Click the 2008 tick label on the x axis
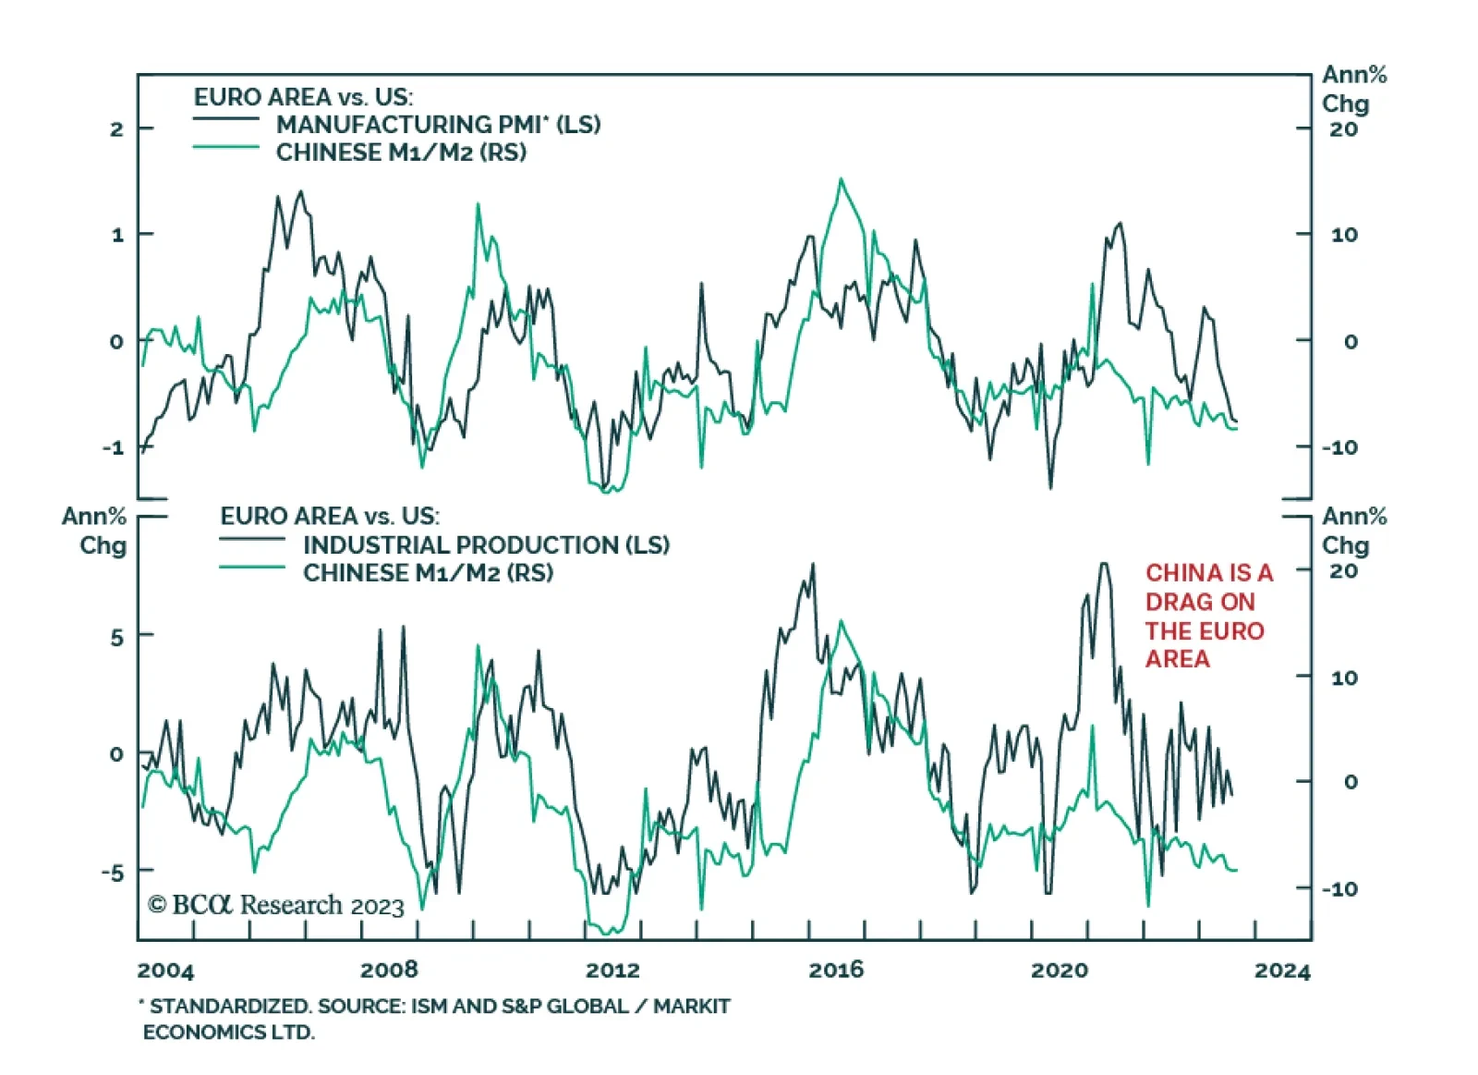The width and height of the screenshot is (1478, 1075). pyautogui.click(x=389, y=970)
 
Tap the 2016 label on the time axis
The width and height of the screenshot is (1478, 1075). pyautogui.click(x=836, y=970)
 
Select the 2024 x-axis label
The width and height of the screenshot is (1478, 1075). pyautogui.click(x=1282, y=971)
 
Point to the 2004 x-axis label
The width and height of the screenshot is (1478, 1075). pyautogui.click(x=165, y=971)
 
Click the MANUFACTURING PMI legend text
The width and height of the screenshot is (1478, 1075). pyautogui.click(x=438, y=125)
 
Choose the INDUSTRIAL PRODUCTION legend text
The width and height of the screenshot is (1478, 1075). pyautogui.click(x=486, y=544)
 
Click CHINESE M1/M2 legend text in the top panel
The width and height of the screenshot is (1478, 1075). pyautogui.click(x=401, y=153)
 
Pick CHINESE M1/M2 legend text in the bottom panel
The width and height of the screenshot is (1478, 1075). pyautogui.click(x=428, y=573)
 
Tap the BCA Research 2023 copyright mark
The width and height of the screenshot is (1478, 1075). pyautogui.click(x=275, y=905)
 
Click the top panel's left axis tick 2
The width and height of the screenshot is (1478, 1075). pyautogui.click(x=116, y=128)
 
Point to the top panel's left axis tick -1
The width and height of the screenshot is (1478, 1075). pyautogui.click(x=113, y=447)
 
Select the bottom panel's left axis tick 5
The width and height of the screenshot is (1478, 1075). pyautogui.click(x=116, y=637)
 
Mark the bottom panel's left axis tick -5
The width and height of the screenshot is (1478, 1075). pyautogui.click(x=113, y=873)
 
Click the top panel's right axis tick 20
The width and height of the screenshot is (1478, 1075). pyautogui.click(x=1344, y=129)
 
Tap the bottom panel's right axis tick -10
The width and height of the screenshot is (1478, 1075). pyautogui.click(x=1339, y=889)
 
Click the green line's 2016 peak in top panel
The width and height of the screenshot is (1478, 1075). pyautogui.click(x=841, y=180)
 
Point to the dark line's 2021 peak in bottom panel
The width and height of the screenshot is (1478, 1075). pyautogui.click(x=1103, y=565)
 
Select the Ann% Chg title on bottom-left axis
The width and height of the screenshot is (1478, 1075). pyautogui.click(x=94, y=531)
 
